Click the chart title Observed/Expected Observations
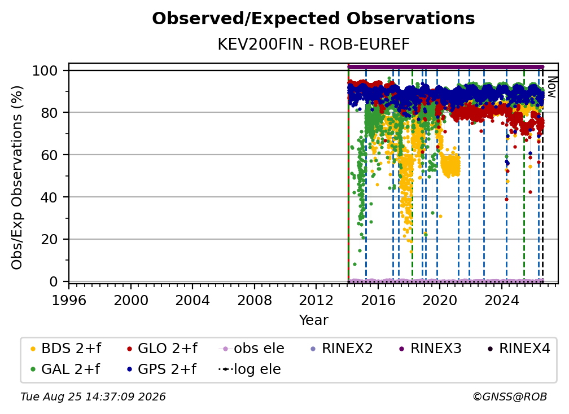(313, 19)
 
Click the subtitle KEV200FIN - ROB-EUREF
(313, 45)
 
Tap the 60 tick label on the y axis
(49, 155)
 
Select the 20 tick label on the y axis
(49, 239)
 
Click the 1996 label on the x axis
(69, 300)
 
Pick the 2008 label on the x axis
(255, 300)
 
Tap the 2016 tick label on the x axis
(378, 300)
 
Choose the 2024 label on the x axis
(501, 300)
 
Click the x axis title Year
(313, 320)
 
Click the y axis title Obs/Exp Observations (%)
(17, 178)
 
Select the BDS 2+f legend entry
(65, 349)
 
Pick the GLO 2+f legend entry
(162, 349)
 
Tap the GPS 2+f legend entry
(161, 369)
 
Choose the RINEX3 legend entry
(430, 349)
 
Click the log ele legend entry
(250, 369)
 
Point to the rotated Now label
(552, 87)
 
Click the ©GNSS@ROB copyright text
(510, 397)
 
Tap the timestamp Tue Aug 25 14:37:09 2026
(93, 397)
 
